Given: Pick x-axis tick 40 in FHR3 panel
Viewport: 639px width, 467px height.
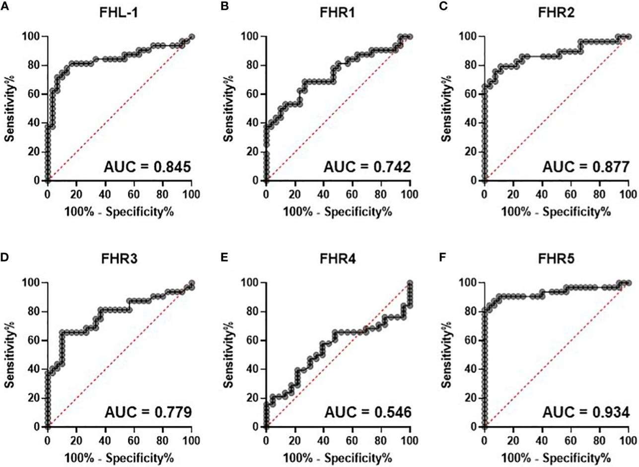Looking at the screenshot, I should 105,440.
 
